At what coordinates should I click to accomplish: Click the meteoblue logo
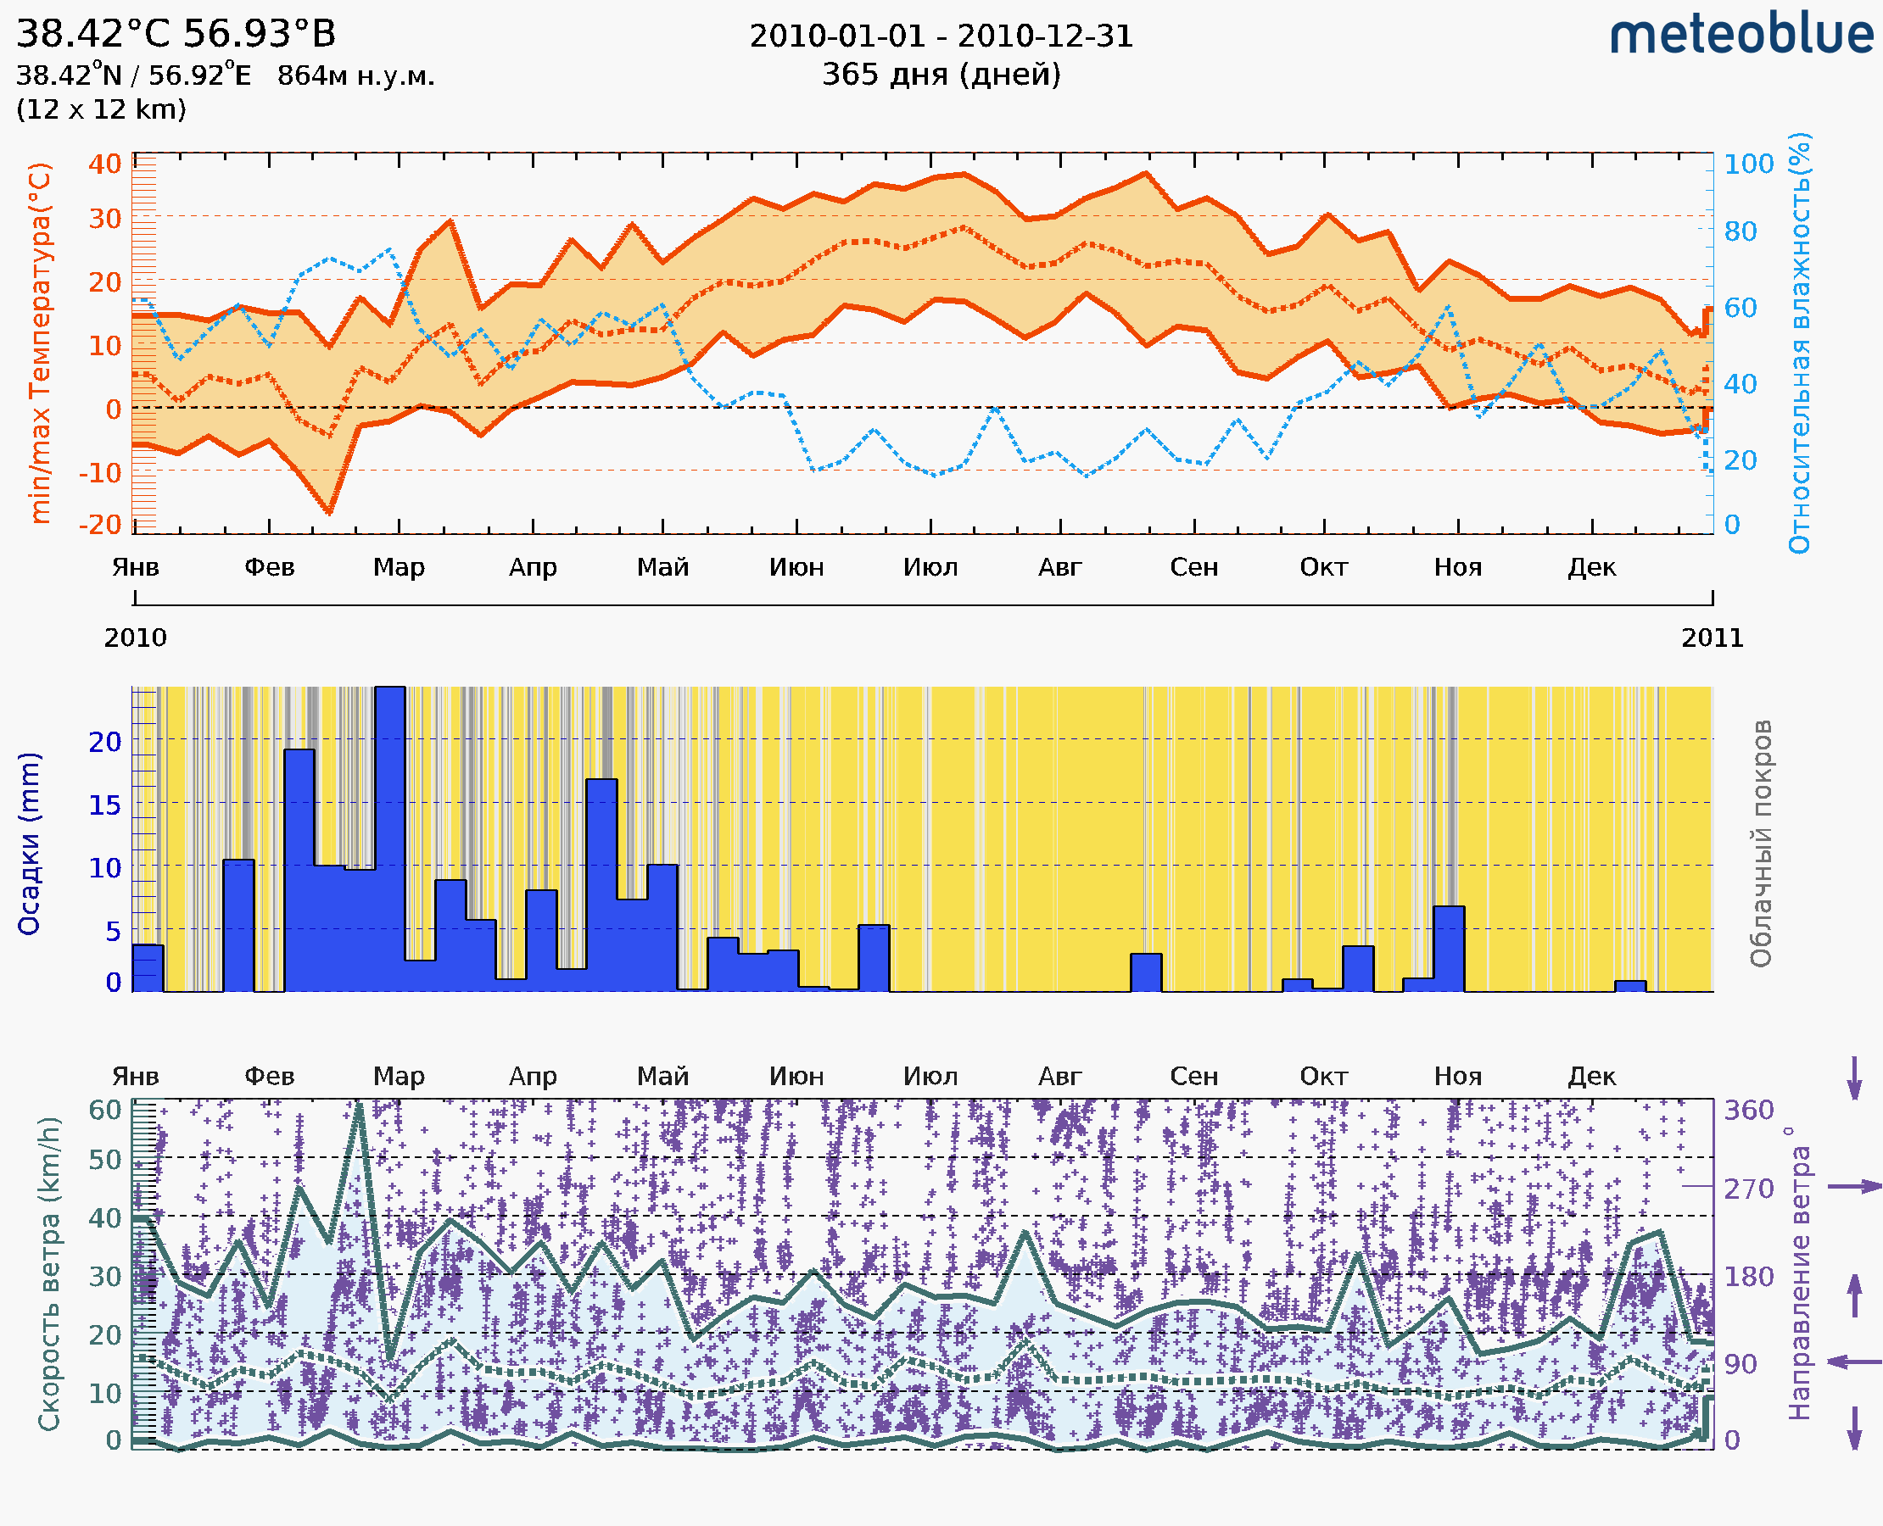(x=1741, y=35)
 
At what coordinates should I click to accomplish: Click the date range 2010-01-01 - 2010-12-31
(x=941, y=36)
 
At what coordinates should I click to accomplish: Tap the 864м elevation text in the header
(x=355, y=75)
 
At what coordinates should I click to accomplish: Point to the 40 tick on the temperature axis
(x=104, y=164)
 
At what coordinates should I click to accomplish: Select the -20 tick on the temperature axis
(x=100, y=524)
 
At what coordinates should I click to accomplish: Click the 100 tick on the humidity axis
(x=1748, y=164)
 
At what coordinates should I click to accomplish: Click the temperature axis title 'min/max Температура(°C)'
(x=40, y=343)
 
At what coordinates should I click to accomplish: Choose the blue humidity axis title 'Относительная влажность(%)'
(x=1799, y=343)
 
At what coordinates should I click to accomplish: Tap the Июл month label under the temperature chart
(x=930, y=567)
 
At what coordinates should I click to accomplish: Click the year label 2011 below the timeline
(x=1712, y=638)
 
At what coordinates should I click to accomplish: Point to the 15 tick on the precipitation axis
(x=104, y=805)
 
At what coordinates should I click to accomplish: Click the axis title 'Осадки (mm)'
(x=29, y=844)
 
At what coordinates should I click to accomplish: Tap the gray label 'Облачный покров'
(x=1760, y=844)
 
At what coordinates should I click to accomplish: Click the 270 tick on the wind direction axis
(x=1748, y=1189)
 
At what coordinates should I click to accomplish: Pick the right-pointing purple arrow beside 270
(x=1854, y=1187)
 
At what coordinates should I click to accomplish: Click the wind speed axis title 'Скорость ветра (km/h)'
(x=49, y=1273)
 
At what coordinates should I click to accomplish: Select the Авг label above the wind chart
(x=1059, y=1076)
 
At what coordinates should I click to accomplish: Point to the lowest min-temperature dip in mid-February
(x=329, y=511)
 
